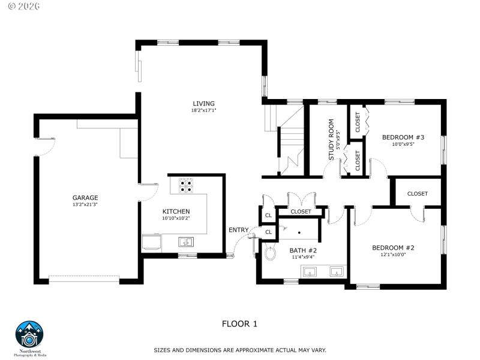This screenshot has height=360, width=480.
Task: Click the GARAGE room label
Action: (85, 197)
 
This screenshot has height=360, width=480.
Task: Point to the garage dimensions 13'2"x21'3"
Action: (85, 205)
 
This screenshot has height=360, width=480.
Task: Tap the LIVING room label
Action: (203, 103)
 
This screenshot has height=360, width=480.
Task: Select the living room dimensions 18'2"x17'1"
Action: (203, 110)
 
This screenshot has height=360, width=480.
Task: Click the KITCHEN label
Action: (176, 211)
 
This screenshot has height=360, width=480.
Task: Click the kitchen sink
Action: (185, 242)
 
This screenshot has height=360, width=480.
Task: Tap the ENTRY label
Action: (238, 230)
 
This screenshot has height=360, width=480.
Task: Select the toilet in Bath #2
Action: (270, 252)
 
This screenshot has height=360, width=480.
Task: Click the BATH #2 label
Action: (303, 250)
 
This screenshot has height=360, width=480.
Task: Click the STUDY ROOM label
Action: (331, 140)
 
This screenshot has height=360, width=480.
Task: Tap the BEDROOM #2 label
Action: (393, 247)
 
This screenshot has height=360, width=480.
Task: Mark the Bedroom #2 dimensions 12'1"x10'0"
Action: (393, 254)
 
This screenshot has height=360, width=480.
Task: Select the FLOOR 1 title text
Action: (239, 324)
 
